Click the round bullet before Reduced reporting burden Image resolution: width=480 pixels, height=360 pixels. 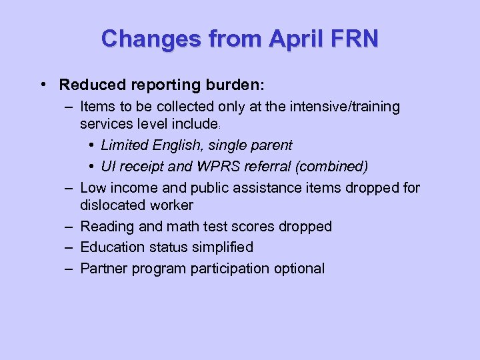pyautogui.click(x=43, y=85)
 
